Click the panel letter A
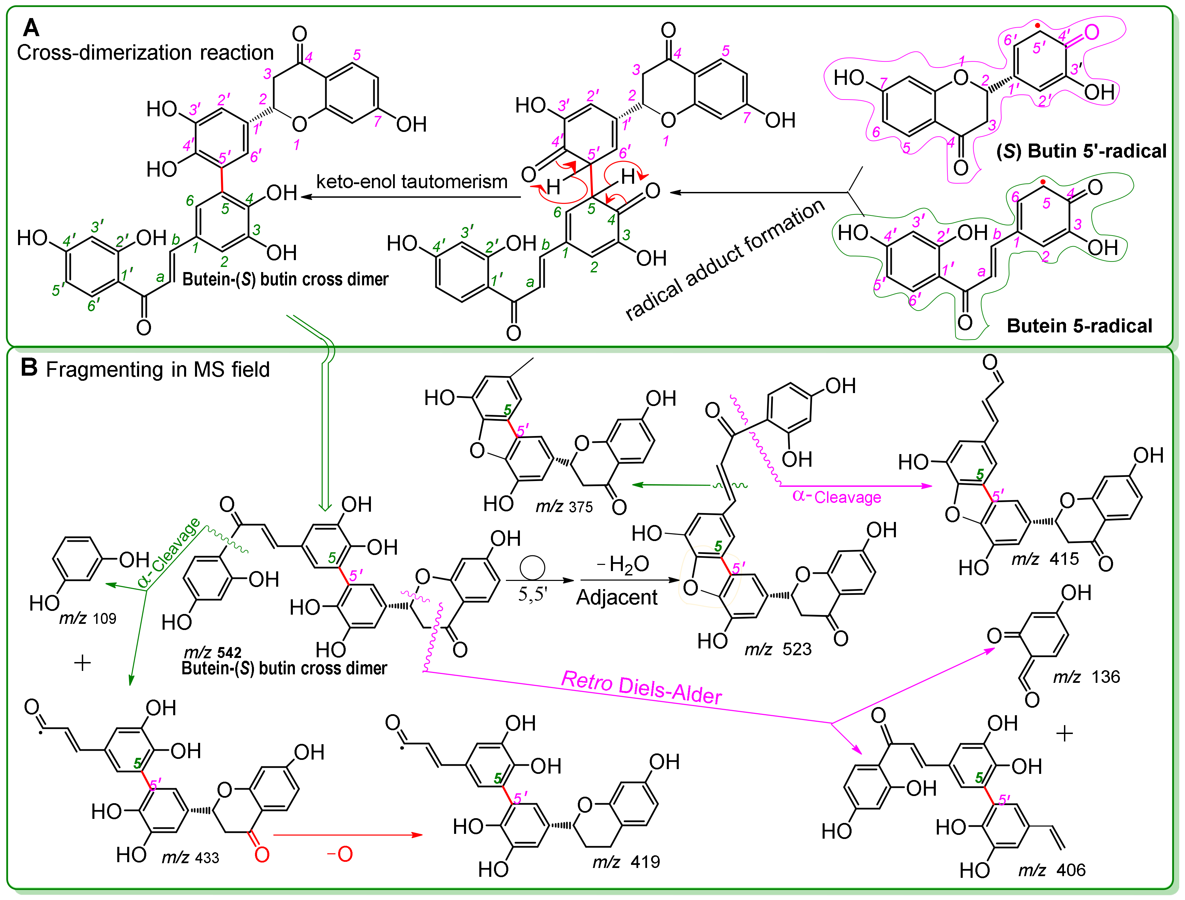(31, 27)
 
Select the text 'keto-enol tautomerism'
(411, 182)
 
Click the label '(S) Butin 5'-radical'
(1081, 151)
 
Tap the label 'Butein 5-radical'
(1079, 326)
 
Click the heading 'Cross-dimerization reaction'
(145, 52)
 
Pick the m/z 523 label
(778, 649)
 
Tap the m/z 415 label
(1045, 559)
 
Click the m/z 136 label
(1086, 677)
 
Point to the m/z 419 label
(626, 861)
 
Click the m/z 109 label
(87, 618)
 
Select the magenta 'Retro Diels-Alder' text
(641, 687)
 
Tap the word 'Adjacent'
(617, 597)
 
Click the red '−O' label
(340, 854)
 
